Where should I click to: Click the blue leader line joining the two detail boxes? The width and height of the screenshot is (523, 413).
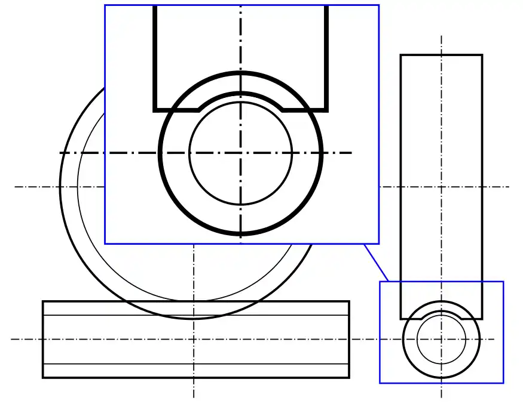point(377,263)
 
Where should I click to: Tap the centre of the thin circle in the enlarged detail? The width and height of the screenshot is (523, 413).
point(241,153)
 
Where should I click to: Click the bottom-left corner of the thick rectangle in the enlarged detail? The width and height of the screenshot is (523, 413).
point(155,110)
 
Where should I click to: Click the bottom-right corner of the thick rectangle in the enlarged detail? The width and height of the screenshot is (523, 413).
point(327,110)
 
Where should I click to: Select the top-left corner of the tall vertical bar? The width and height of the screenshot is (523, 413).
point(401,56)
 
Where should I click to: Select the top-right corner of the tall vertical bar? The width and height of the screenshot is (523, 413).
point(482,56)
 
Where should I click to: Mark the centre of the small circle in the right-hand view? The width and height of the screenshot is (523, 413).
point(441,340)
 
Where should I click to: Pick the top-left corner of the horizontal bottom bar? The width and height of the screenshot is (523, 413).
point(43,301)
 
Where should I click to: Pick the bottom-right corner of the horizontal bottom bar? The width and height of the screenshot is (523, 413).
point(349,377)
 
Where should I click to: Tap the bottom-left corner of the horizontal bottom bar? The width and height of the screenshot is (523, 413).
point(43,377)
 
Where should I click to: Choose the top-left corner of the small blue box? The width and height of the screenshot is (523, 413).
point(380,282)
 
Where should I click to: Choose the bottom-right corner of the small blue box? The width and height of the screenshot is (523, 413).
point(503,383)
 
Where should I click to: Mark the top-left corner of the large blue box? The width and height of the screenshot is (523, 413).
point(105,5)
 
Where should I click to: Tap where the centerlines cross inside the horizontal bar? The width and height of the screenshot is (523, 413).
point(194,340)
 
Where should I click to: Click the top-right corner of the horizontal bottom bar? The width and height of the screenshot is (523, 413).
point(349,301)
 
